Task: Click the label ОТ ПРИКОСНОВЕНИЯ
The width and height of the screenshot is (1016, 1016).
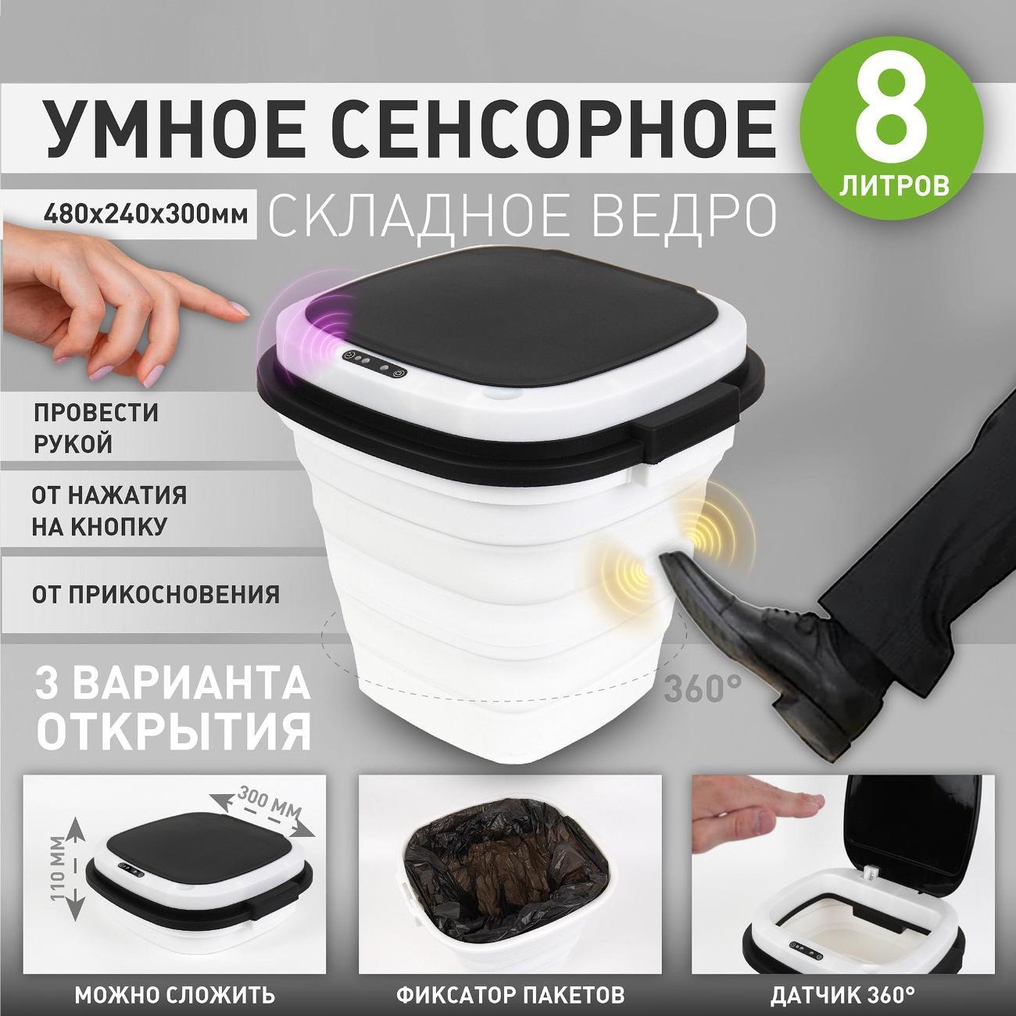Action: point(156,594)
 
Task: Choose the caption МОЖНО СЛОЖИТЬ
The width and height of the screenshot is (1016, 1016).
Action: point(174,996)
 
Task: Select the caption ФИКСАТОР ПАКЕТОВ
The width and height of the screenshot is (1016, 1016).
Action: point(511,996)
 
